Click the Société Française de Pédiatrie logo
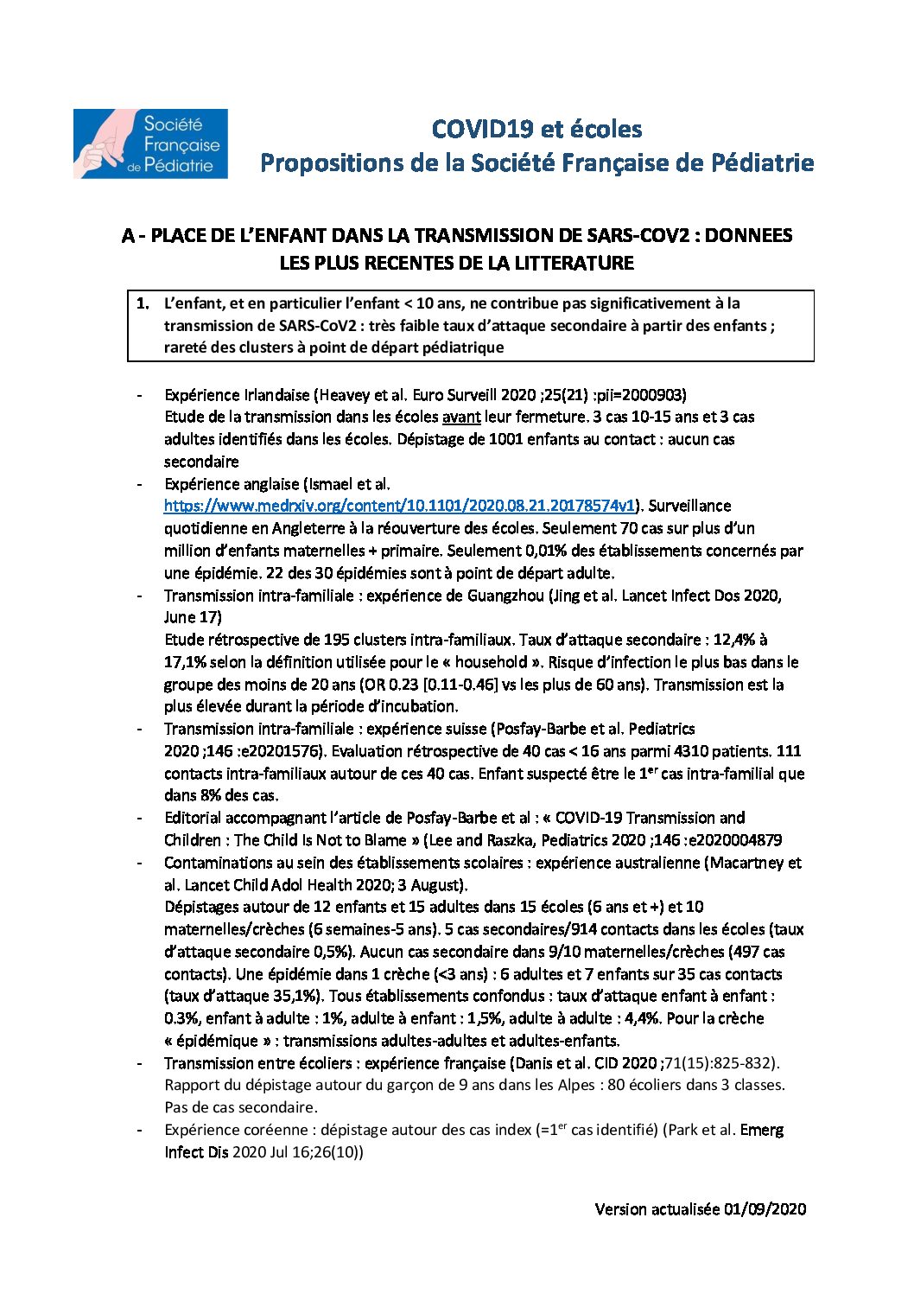click(150, 143)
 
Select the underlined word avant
click(461, 417)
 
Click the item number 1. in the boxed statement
click(143, 303)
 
